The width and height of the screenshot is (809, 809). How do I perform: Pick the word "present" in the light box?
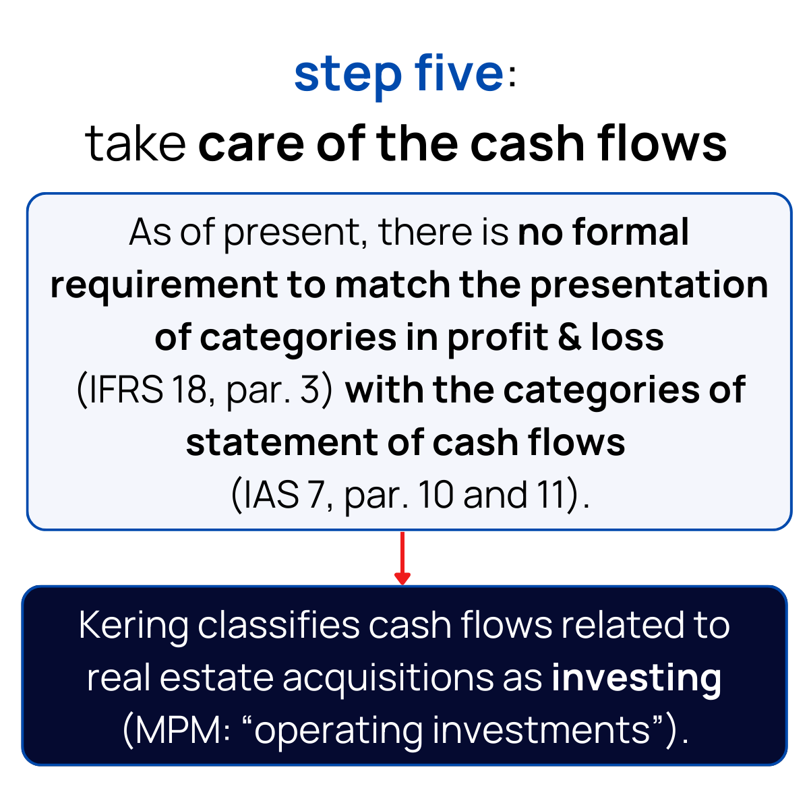pos(295,233)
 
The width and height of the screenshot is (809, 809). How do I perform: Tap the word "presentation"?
pos(649,286)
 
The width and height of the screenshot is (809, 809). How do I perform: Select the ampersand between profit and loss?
pos(569,337)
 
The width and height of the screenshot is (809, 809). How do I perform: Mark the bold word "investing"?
pos(636,678)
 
